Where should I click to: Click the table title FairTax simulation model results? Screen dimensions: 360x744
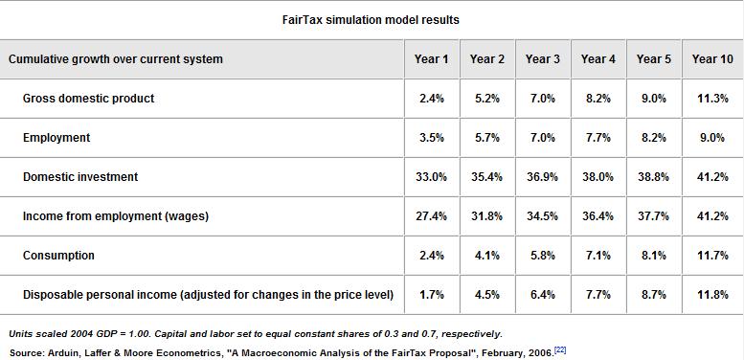pos(371,19)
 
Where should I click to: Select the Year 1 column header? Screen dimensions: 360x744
pos(431,59)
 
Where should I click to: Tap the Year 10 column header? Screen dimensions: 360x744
pos(711,59)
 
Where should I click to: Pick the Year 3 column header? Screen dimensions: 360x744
pos(543,59)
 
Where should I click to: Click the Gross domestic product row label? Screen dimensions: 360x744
pos(88,99)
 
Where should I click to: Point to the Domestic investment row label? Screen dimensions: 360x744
pos(80,177)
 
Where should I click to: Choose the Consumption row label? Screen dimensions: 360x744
pos(58,256)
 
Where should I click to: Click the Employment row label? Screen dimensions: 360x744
pos(56,138)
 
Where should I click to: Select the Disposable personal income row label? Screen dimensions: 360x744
pos(208,295)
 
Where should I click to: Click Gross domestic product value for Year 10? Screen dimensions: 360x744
pos(711,99)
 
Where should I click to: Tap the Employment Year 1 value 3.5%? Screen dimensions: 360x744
pos(431,138)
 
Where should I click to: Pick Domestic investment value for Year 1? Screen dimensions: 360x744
pos(431,177)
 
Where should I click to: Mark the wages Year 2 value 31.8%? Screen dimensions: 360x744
pos(486,216)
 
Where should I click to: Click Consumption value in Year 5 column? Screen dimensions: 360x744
pos(653,256)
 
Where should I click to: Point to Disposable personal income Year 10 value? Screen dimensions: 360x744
pos(711,295)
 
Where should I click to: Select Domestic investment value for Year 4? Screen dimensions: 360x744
pos(598,177)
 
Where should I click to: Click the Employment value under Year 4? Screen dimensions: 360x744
pos(598,138)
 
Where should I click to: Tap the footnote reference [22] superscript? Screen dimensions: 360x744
pos(560,350)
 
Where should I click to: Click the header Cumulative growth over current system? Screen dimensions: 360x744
pos(116,59)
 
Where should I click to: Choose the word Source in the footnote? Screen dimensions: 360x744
pos(24,353)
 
